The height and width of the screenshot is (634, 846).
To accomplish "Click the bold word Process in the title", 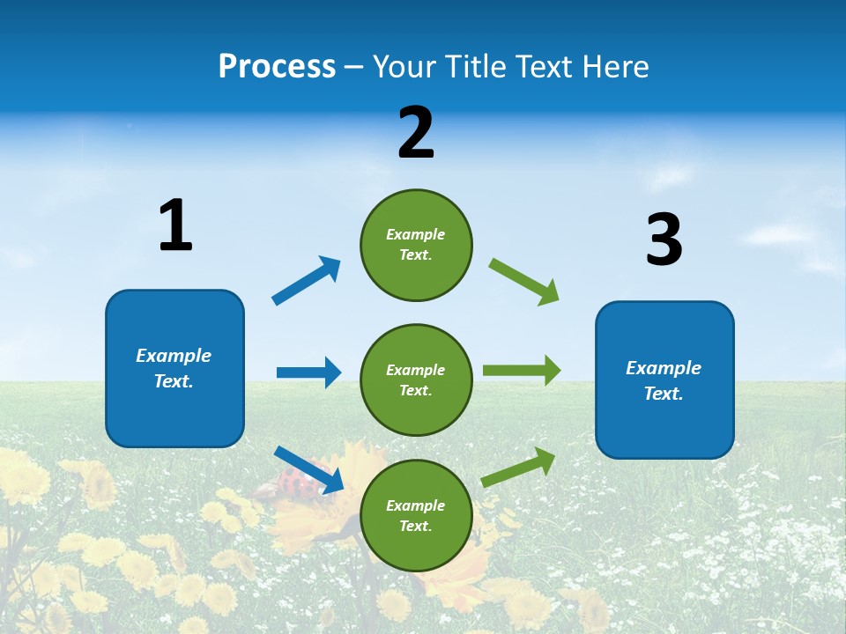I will coord(277,67).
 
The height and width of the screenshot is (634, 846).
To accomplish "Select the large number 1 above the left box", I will coord(175,226).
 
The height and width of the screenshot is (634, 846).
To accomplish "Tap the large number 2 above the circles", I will coord(416,133).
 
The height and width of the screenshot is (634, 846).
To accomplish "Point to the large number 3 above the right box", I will coord(664,240).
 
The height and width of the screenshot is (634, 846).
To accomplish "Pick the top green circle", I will coord(416,245).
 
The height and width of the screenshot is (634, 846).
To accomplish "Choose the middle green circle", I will coord(416,380).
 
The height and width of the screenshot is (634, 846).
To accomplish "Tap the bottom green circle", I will coord(416,515).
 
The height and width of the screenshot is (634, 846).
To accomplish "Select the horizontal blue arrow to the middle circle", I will coord(308,372).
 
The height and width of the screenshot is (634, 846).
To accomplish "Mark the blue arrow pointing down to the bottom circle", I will coord(308,469).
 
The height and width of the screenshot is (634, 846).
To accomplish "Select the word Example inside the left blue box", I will coord(174,356).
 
